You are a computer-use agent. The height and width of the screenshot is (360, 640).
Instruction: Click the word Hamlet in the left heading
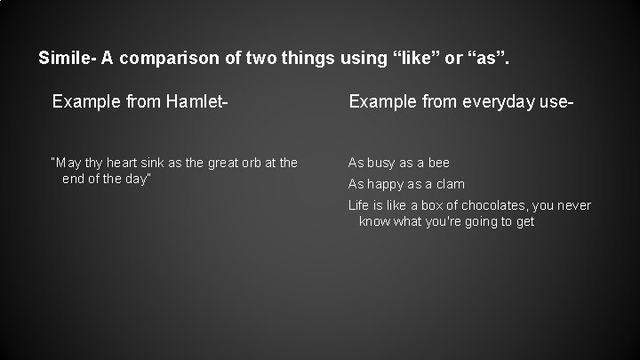[200, 103]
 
